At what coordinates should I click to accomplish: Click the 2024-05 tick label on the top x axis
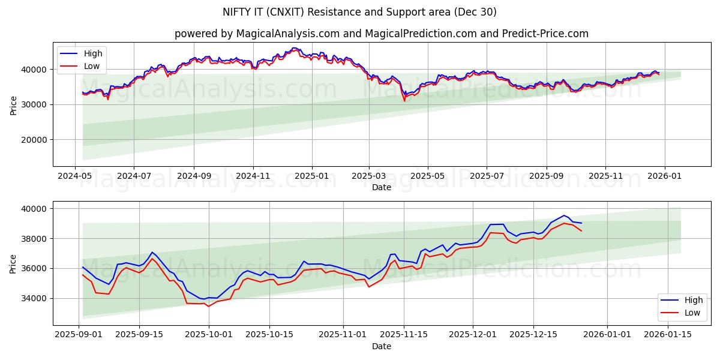75,176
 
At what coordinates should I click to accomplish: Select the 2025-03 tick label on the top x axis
369,176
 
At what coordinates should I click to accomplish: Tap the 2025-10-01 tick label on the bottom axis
209,335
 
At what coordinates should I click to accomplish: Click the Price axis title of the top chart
13,104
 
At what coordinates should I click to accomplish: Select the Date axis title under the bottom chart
381,346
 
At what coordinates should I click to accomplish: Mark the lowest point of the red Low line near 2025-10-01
209,307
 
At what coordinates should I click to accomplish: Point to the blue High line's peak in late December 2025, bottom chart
563,215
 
